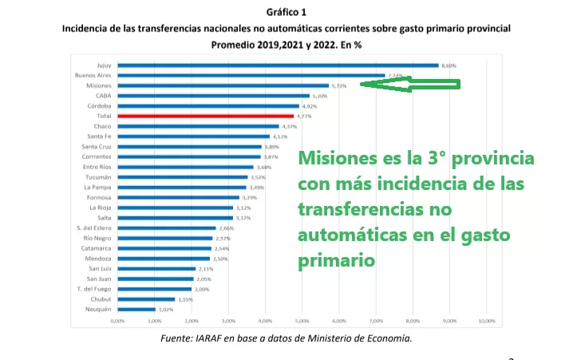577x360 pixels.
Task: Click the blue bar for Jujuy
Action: pyautogui.click(x=277, y=65)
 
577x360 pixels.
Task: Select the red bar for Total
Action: pyautogui.click(x=205, y=116)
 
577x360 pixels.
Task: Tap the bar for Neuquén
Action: pyautogui.click(x=136, y=309)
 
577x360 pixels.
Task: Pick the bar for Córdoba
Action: pyautogui.click(x=208, y=105)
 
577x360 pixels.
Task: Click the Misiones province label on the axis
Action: pyautogui.click(x=99, y=85)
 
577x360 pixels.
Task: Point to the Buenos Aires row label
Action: pyautogui.click(x=92, y=75)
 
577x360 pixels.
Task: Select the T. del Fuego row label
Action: pyautogui.click(x=96, y=289)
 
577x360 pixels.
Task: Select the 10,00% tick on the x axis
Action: pyautogui.click(x=486, y=320)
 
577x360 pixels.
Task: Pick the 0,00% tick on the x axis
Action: pyautogui.click(x=117, y=320)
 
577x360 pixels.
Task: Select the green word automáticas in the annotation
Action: pyautogui.click(x=348, y=235)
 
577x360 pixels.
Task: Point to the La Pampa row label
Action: pyautogui.click(x=97, y=187)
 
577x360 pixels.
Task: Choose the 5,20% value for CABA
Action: pyautogui.click(x=322, y=96)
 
